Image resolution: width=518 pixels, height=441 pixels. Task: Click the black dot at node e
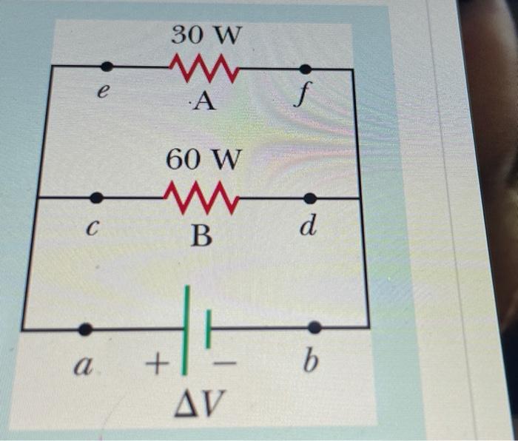pos(107,67)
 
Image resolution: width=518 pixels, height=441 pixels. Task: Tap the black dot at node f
pos(304,70)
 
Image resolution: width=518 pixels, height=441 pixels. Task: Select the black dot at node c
pos(96,198)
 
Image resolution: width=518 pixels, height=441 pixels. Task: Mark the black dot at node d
pos(310,198)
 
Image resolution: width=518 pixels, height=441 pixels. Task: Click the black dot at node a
pos(86,329)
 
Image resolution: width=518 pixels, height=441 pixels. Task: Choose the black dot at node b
pos(314,327)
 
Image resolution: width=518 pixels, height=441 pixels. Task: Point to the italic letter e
pos(104,95)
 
